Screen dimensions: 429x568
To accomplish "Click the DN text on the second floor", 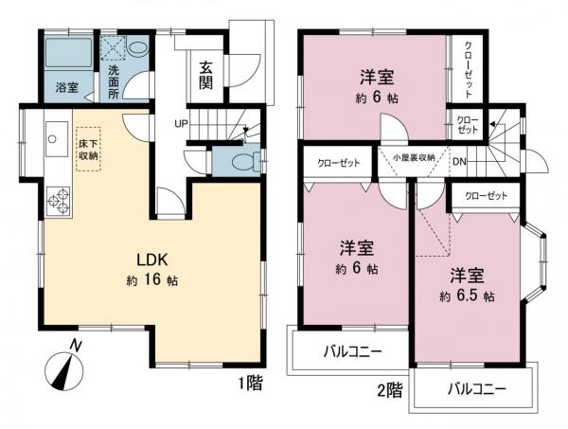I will click(458, 162).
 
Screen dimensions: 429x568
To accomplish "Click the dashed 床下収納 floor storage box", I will click(87, 149).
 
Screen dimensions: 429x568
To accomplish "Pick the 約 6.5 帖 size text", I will click(468, 295).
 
